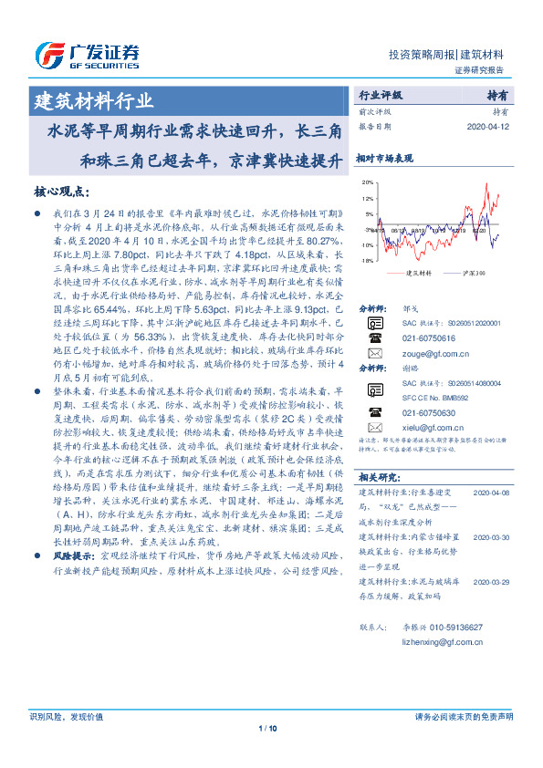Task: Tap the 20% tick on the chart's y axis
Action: click(366, 182)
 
